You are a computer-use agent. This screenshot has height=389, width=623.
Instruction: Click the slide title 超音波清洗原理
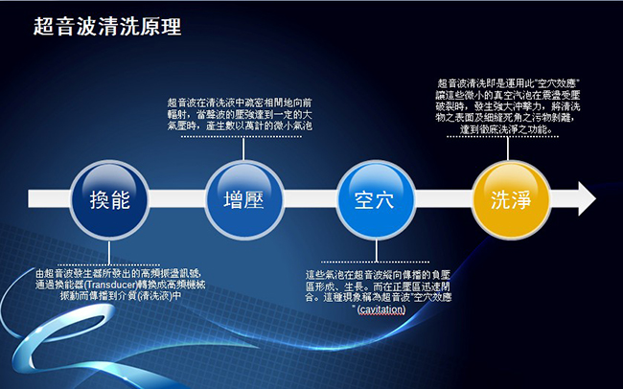(107, 27)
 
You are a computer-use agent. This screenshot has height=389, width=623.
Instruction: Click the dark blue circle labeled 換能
(109, 200)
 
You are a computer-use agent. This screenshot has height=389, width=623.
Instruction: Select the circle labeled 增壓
(244, 200)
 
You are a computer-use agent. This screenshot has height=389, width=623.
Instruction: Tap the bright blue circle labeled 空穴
(376, 200)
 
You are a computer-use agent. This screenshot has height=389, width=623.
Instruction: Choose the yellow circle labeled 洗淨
(511, 200)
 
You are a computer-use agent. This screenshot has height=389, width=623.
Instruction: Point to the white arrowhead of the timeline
(587, 198)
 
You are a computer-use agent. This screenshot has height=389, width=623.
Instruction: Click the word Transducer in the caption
(110, 286)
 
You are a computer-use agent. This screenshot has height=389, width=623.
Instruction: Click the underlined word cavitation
(381, 309)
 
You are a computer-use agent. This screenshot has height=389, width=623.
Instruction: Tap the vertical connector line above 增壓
(243, 149)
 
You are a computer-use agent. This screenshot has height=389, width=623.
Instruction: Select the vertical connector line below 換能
(109, 252)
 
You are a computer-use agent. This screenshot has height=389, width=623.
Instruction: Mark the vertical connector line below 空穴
(377, 251)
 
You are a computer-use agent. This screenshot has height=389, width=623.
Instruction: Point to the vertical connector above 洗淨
(508, 149)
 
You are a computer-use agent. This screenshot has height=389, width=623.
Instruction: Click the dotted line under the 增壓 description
(242, 136)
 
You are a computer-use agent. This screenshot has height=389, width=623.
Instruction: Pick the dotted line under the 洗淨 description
(502, 136)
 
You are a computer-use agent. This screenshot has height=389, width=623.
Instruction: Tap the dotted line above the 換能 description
(108, 264)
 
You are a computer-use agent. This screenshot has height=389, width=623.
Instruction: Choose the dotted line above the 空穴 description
(375, 262)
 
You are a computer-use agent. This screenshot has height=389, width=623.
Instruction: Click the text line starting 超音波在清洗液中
(240, 103)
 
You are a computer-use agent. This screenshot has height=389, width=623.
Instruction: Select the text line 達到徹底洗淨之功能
(506, 129)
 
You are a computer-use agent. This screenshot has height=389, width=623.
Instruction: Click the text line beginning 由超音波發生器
(119, 274)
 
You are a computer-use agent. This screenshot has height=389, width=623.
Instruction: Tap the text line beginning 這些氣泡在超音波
(378, 275)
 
